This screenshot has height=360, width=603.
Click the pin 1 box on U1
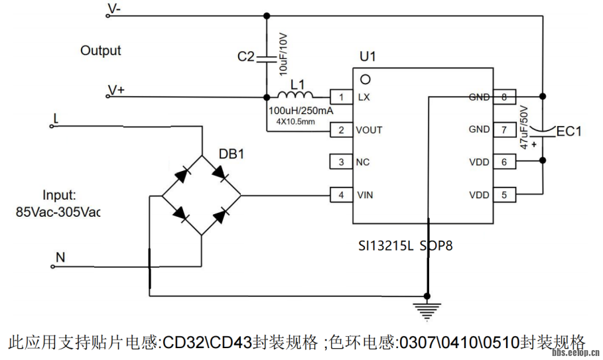coord(341,97)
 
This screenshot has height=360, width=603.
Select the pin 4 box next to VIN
coord(341,195)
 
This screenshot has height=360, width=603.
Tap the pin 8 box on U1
coord(504,97)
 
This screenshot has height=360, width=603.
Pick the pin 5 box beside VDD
coord(504,195)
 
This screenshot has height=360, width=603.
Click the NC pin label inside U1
coord(364,162)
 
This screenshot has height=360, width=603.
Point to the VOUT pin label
coord(369,130)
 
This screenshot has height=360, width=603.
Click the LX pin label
coord(364,97)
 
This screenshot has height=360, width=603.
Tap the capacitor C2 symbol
coord(267,58)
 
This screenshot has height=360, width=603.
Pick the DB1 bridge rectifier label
coord(232,154)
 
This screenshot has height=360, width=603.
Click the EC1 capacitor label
coord(568,131)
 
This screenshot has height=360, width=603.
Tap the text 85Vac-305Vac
coord(57,213)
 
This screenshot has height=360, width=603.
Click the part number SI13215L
coord(385,246)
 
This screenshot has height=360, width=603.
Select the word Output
coord(101,50)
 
